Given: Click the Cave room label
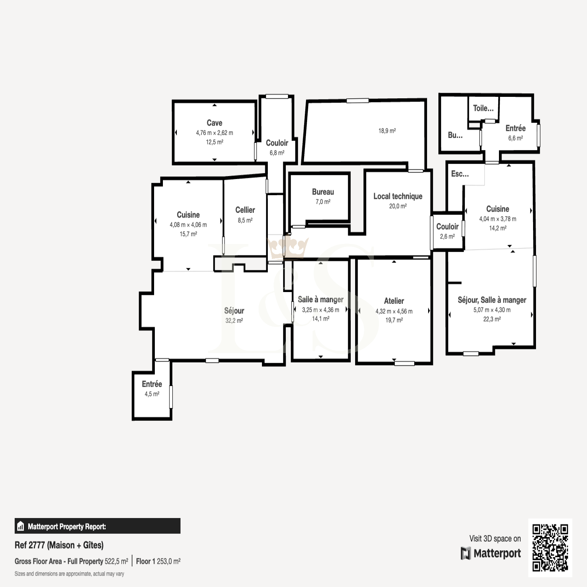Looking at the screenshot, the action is [x=214, y=123].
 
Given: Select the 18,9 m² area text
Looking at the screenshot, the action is [x=387, y=131].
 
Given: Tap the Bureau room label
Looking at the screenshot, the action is [x=323, y=192].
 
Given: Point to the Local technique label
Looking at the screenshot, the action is [x=398, y=196].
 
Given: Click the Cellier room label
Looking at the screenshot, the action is [x=245, y=210].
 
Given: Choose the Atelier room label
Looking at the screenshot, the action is [x=394, y=301].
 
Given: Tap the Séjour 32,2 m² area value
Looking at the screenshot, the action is [x=234, y=321].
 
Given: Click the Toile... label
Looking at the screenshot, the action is [x=483, y=108].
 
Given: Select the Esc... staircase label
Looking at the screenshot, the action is [x=460, y=174].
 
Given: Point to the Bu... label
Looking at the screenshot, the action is [x=455, y=135].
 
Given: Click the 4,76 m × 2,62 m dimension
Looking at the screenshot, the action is [x=214, y=133].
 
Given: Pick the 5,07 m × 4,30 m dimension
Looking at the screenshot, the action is [x=492, y=310].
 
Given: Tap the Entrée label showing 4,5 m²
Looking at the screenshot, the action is [x=152, y=384].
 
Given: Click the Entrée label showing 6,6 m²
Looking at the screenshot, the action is [x=515, y=128].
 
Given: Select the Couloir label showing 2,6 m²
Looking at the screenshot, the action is [x=447, y=227].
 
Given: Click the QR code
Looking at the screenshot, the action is [x=550, y=548].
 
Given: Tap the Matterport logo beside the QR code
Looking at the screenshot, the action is [x=491, y=553].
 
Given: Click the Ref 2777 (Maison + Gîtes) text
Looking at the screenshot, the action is [x=59, y=545].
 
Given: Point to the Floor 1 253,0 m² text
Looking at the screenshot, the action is [x=158, y=561].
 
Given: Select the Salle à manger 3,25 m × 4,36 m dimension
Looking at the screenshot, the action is [x=321, y=310].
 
